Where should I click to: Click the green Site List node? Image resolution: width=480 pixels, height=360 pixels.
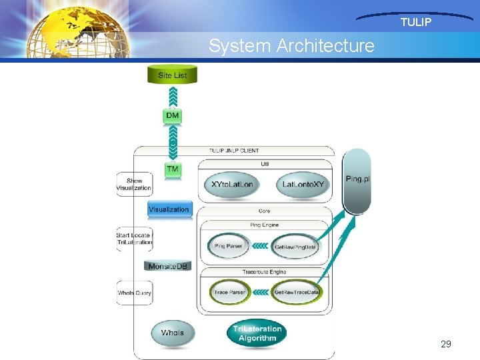tap(172, 74)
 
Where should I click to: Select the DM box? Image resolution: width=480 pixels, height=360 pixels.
tap(173, 116)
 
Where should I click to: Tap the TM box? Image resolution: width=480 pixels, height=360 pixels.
tap(173, 169)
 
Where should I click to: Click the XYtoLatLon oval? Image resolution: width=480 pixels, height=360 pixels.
tap(232, 185)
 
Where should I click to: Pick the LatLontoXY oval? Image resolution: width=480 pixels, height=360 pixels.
tap(303, 185)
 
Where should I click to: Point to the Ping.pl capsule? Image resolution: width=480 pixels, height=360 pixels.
tap(358, 180)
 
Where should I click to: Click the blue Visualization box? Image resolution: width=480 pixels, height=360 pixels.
tap(169, 209)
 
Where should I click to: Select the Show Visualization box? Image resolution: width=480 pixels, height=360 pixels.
tap(135, 184)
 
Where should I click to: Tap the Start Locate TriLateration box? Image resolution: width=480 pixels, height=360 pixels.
tap(135, 239)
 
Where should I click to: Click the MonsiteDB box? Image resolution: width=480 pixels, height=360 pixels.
tap(168, 266)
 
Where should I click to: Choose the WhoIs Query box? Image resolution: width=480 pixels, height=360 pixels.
tap(135, 293)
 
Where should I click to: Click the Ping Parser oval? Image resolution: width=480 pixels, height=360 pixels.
tap(228, 246)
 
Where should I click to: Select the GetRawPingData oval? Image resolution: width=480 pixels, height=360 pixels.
tap(295, 247)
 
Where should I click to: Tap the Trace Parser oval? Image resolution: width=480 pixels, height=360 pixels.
tap(229, 292)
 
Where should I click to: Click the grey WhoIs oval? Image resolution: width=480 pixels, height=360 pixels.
tap(172, 333)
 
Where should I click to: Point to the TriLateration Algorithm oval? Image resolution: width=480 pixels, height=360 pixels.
tap(257, 333)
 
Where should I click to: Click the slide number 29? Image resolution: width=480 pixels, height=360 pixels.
tap(446, 344)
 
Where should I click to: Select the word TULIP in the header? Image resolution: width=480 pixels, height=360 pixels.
tap(415, 23)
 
